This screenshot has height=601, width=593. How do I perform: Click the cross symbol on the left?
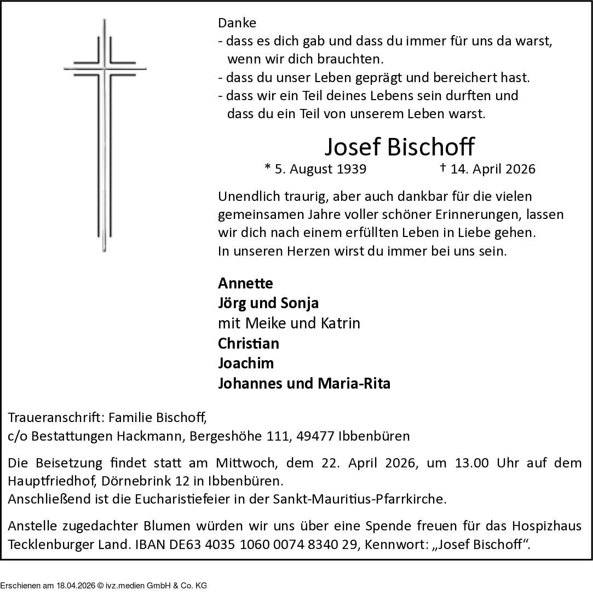pyautogui.click(x=105, y=134)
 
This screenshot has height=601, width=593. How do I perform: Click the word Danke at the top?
pyautogui.click(x=237, y=23)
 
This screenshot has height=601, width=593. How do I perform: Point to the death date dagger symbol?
pyautogui.click(x=442, y=167)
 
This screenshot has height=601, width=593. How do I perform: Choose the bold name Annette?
pyautogui.click(x=245, y=283)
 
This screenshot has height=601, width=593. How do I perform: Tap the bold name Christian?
pyautogui.click(x=249, y=343)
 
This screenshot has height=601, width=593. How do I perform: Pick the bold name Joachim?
pyautogui.click(x=246, y=363)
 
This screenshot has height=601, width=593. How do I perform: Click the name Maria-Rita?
pyautogui.click(x=354, y=383)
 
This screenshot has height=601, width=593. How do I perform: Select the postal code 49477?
pyautogui.click(x=317, y=437)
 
